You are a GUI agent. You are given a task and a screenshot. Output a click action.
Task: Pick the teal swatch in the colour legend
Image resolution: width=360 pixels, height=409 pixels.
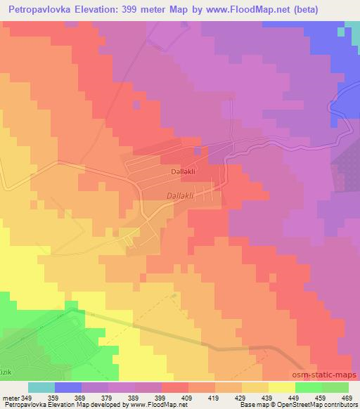coord(41,387)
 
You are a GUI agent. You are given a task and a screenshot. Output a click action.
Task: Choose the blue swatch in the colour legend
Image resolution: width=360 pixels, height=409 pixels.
coord(68,387)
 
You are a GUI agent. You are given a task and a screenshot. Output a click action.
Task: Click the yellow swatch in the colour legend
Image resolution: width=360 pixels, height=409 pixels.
coord(281,387)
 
